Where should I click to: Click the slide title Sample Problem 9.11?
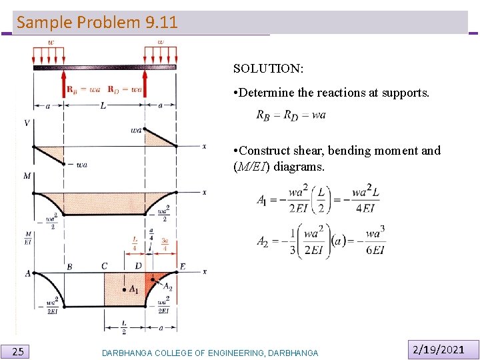[97, 22]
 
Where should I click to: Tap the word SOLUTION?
[269, 69]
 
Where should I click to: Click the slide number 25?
[19, 351]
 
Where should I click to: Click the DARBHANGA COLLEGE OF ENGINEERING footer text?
[210, 353]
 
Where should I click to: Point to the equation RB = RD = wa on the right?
[291, 115]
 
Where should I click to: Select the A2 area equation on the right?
[321, 241]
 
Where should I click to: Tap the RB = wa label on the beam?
[83, 89]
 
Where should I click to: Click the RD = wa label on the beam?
[125, 89]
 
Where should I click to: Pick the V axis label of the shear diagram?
[27, 123]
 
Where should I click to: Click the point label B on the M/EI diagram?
[69, 267]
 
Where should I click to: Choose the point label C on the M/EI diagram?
[105, 267]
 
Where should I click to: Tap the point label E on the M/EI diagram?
[182, 267]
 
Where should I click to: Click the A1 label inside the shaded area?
[133, 289]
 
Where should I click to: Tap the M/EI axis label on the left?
[28, 238]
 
